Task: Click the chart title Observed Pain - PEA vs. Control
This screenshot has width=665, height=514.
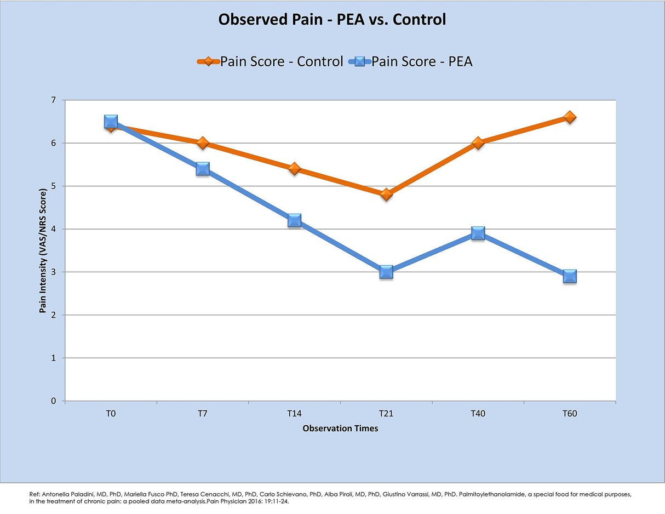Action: pyautogui.click(x=332, y=20)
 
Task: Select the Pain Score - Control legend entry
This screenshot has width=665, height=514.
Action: pyautogui.click(x=271, y=61)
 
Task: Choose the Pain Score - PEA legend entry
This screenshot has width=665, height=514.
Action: pyautogui.click(x=411, y=61)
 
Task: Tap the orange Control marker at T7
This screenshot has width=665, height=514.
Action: pyautogui.click(x=203, y=143)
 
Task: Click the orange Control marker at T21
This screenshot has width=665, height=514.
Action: pyautogui.click(x=386, y=195)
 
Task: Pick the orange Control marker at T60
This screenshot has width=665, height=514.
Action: pyautogui.click(x=570, y=117)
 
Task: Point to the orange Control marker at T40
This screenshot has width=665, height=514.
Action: pyautogui.click(x=478, y=143)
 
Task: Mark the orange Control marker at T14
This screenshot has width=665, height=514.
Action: pyautogui.click(x=294, y=169)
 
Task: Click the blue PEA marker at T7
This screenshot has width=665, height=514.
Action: pyautogui.click(x=203, y=169)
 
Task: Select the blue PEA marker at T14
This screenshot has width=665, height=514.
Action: pyautogui.click(x=294, y=220)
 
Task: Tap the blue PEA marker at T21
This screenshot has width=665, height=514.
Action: pyautogui.click(x=386, y=272)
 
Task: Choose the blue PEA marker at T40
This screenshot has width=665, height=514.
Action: pyautogui.click(x=478, y=233)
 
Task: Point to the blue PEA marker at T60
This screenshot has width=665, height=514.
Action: pyautogui.click(x=570, y=276)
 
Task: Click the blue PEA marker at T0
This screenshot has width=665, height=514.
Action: pyautogui.click(x=111, y=122)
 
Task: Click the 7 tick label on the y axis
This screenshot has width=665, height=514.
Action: pyautogui.click(x=54, y=100)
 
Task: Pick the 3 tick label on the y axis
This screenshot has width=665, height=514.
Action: pyautogui.click(x=54, y=272)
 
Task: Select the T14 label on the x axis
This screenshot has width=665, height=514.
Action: pyautogui.click(x=294, y=414)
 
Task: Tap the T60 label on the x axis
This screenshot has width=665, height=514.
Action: pyautogui.click(x=570, y=414)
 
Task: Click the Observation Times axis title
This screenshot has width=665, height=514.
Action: pyautogui.click(x=340, y=429)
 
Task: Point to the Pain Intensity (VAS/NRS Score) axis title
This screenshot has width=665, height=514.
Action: pyautogui.click(x=42, y=250)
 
